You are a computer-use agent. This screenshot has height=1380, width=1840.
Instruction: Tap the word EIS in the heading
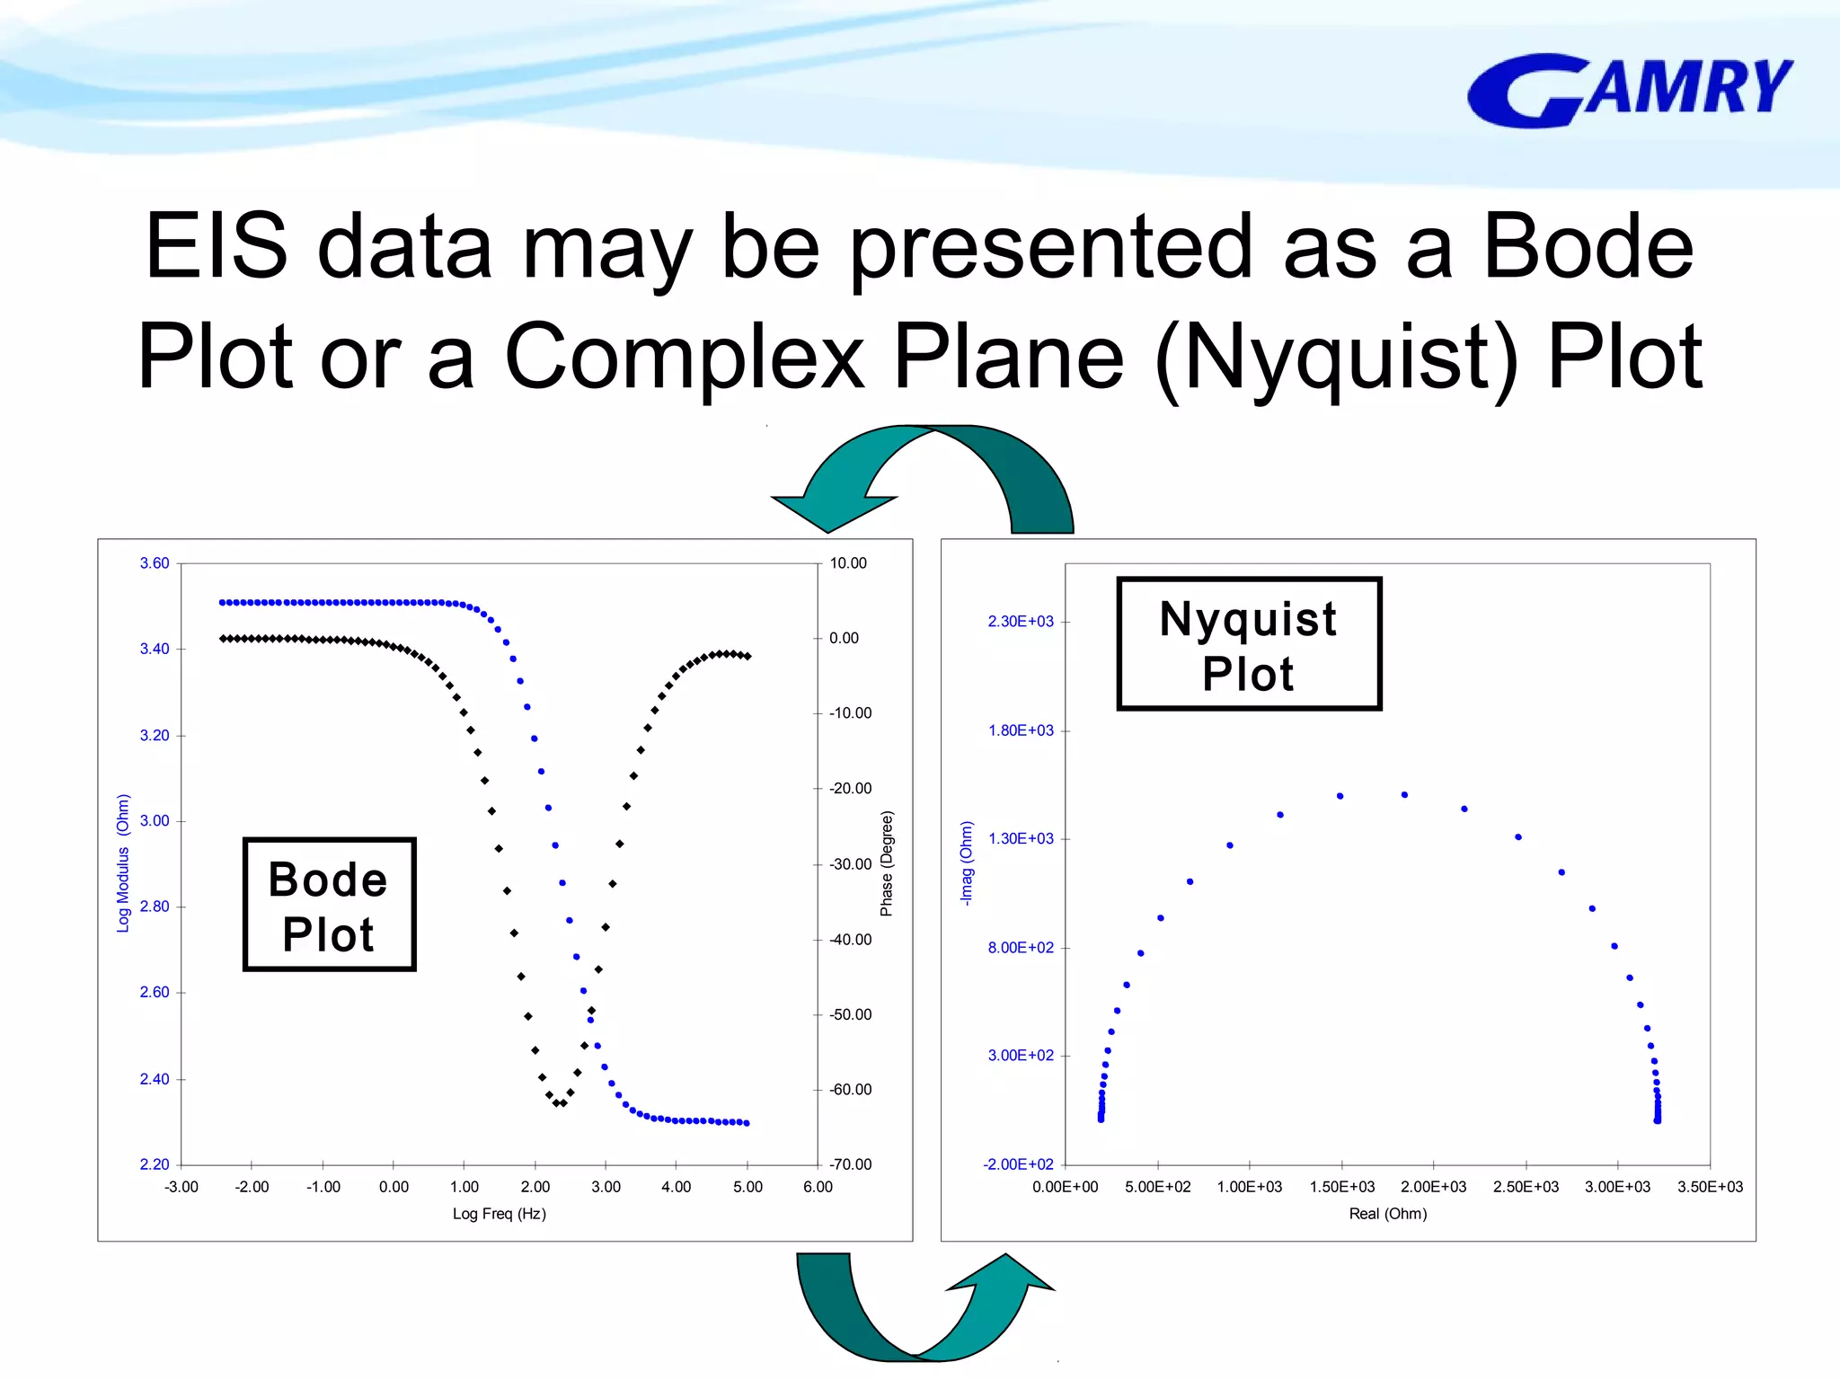coord(216,246)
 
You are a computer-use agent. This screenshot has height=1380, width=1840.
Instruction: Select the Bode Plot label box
coord(329,905)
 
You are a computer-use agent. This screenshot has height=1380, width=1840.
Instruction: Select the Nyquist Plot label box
coord(1248,644)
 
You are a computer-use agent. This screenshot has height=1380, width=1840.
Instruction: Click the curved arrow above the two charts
coord(925,476)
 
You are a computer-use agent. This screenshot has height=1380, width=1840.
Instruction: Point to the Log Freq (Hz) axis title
coord(499,1214)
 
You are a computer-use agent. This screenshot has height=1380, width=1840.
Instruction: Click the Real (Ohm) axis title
coord(1387,1214)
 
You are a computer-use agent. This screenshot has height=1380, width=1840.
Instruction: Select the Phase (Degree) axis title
coord(887,863)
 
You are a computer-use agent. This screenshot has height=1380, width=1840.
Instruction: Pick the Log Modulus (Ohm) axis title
coord(123,863)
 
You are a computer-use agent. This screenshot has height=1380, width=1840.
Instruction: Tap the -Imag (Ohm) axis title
coord(967,863)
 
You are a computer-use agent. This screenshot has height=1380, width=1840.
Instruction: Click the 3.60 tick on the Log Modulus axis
coord(154,563)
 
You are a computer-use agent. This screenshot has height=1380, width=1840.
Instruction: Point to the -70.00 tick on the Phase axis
coord(850,1164)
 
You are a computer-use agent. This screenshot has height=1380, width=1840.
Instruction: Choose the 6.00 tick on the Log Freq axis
coord(818,1187)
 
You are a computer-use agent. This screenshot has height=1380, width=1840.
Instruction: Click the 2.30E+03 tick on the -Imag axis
coord(1021,622)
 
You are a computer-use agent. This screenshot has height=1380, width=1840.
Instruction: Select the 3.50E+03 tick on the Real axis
coord(1709,1187)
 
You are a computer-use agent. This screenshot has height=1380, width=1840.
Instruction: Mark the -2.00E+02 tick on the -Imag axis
coord(1018,1164)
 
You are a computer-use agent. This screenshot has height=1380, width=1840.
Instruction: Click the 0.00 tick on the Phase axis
coord(844,638)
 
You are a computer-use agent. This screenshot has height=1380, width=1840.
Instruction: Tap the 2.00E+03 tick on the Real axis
coord(1433,1187)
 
